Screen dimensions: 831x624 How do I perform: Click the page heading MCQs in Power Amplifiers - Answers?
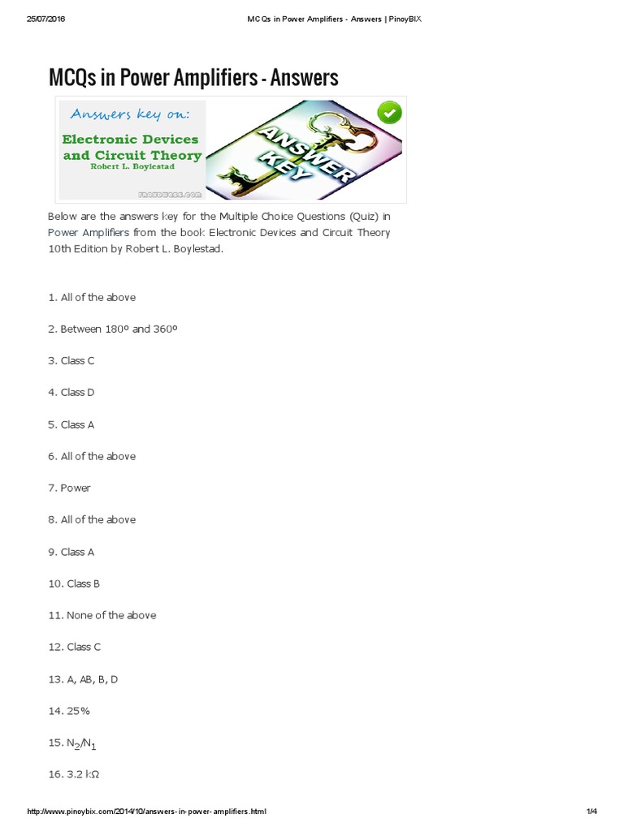point(193,77)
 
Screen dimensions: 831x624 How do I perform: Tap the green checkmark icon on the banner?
point(390,112)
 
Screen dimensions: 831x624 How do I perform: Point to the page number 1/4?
point(591,812)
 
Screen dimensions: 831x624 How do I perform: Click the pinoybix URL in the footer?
point(146,812)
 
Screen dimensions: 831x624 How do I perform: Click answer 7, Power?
point(69,488)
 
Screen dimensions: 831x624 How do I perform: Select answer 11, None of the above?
point(102,615)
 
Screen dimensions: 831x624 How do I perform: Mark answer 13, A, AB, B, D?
point(83,679)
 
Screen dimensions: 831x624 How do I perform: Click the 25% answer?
point(69,711)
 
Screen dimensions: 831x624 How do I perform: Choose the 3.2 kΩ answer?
point(74,774)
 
